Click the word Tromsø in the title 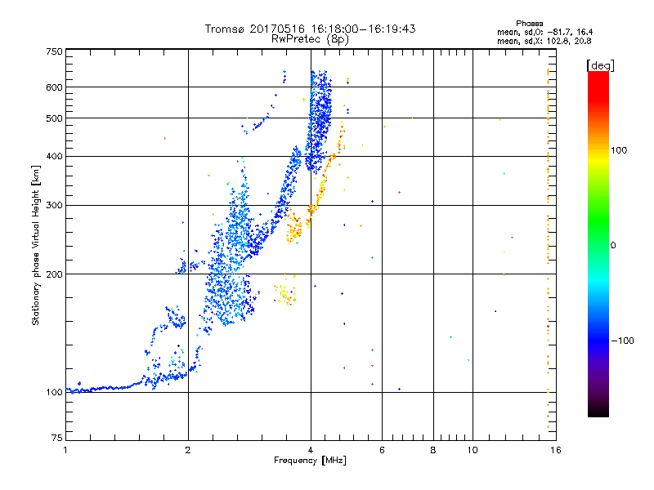coord(224,29)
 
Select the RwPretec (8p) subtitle coord(311,38)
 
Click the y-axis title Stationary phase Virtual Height coord(36,246)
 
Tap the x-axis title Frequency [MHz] coord(310,461)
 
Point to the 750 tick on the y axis coord(54,51)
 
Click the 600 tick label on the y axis coord(54,87)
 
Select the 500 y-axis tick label coord(54,118)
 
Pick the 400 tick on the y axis coord(54,156)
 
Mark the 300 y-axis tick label coord(54,205)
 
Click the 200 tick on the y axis coord(54,274)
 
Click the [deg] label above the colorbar coord(601,65)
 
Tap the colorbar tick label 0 coord(614,245)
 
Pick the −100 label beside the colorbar coord(624,341)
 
